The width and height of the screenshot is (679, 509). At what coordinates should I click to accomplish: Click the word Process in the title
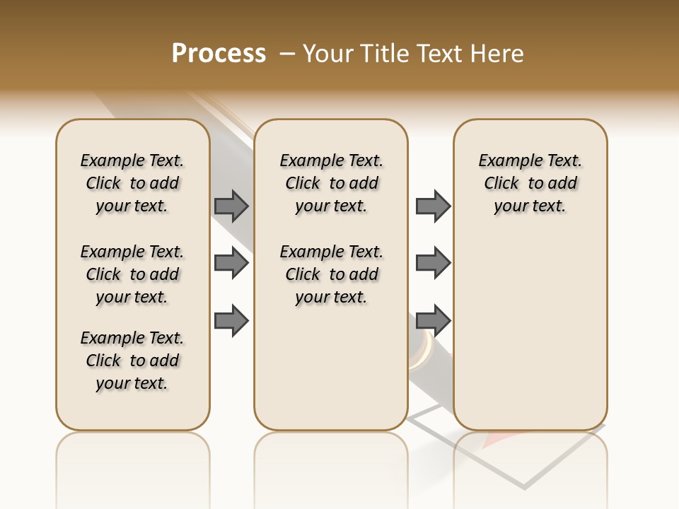tap(219, 54)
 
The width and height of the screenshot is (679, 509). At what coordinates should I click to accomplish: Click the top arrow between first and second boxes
tap(231, 206)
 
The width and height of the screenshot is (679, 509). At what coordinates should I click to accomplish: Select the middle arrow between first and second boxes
tap(231, 263)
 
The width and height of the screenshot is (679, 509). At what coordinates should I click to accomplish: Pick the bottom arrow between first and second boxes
tap(231, 320)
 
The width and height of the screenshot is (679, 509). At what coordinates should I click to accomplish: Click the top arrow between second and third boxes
tap(433, 206)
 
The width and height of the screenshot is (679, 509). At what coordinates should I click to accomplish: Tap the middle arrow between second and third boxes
tap(433, 263)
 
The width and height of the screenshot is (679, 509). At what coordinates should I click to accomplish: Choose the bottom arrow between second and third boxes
tap(433, 320)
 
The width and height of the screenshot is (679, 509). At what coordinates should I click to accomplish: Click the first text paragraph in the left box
tap(132, 183)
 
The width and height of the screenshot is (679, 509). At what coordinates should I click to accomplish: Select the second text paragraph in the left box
tap(132, 274)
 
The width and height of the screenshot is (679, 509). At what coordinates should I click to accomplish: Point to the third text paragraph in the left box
tap(132, 361)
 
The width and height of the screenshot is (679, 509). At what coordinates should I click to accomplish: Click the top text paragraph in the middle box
tap(331, 183)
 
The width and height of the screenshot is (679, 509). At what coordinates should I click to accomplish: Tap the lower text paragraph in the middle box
tap(331, 274)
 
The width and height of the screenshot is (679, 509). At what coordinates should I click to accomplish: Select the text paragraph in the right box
tap(530, 183)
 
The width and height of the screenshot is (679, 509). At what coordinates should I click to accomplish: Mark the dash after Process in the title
tap(286, 54)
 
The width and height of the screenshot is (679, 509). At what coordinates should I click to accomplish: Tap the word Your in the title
tap(328, 54)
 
